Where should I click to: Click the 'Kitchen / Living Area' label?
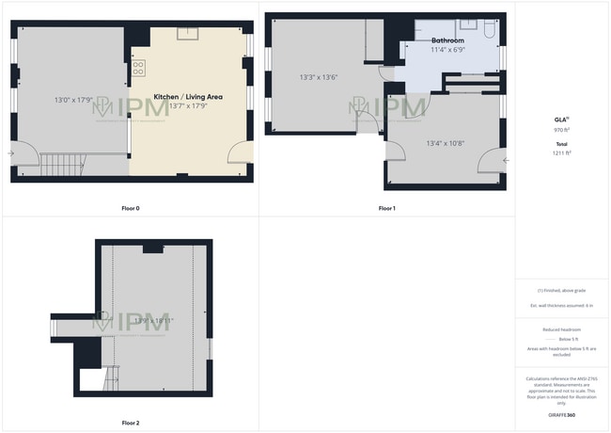pyautogui.click(x=188, y=97)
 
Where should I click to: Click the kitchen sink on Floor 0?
pyautogui.click(x=189, y=34)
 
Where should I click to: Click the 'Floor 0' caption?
pyautogui.click(x=131, y=208)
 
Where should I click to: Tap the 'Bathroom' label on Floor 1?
pyautogui.click(x=447, y=41)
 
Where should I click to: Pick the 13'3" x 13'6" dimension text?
pyautogui.click(x=318, y=76)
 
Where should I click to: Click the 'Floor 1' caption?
pyautogui.click(x=386, y=208)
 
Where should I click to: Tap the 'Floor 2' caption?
pyautogui.click(x=131, y=423)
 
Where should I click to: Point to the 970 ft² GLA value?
pyautogui.click(x=562, y=130)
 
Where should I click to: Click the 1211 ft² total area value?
pyautogui.click(x=562, y=152)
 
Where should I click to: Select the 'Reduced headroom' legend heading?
pyautogui.click(x=562, y=329)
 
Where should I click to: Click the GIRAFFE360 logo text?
pyautogui.click(x=562, y=414)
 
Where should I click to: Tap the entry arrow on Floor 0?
pyautogui.click(x=11, y=152)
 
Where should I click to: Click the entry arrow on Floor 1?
pyautogui.click(x=507, y=160)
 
